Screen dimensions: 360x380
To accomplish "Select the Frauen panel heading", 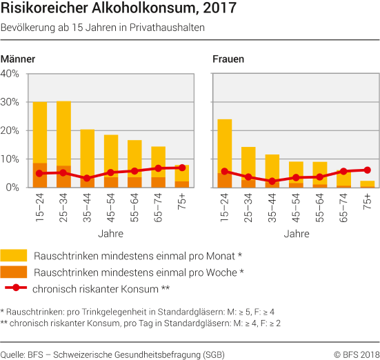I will pos(229,59).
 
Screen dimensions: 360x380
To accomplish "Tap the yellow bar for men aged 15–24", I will pos(40,131).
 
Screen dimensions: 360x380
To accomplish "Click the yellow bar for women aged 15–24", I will pos(225,145).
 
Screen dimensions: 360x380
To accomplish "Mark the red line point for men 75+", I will pos(182,168).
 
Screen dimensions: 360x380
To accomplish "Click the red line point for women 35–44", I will pos(272,181).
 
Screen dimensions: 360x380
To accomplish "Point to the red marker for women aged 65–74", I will pos(343,171).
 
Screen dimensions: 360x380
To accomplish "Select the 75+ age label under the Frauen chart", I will pos(368,201).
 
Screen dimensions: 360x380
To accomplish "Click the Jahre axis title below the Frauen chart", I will pos(296,234).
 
